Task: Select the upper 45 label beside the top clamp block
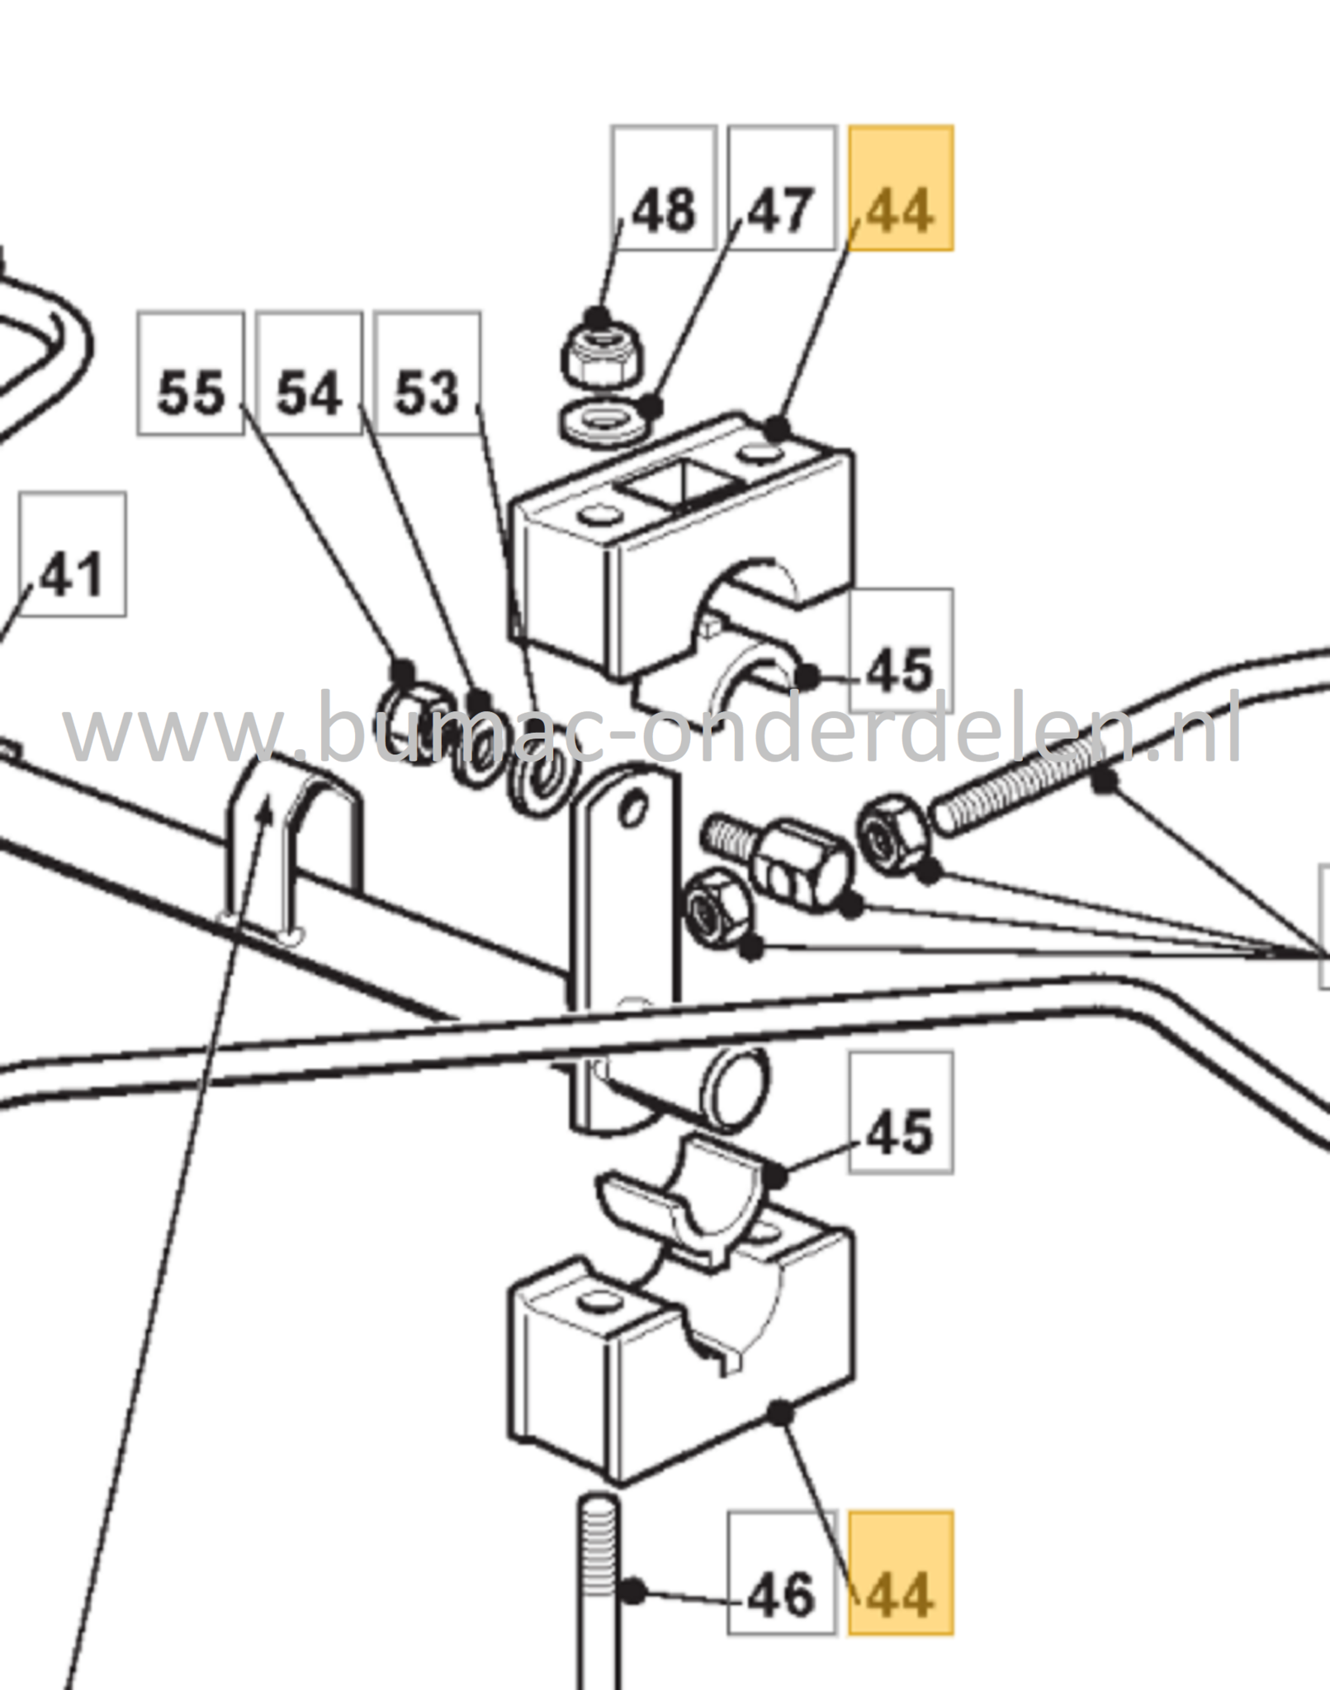click(x=901, y=650)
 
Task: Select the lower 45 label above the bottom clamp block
click(x=901, y=1112)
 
